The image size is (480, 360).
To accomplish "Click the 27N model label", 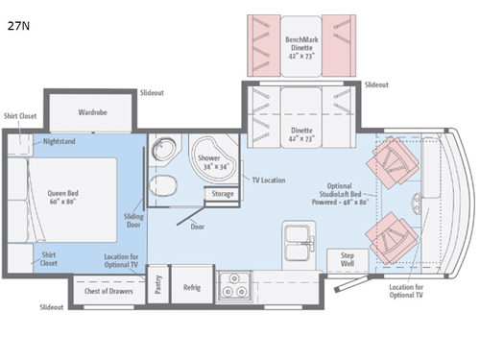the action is pyautogui.click(x=18, y=26).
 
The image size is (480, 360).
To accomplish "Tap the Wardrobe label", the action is pyautogui.click(x=92, y=112).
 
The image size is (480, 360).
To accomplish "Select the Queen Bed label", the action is pyautogui.click(x=62, y=197).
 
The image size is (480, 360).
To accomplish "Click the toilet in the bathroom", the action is pyautogui.click(x=163, y=185).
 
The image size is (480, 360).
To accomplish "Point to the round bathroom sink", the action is pyautogui.click(x=163, y=148).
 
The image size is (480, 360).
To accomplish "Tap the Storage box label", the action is pyautogui.click(x=223, y=194).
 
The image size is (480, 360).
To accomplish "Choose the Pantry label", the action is pyautogui.click(x=158, y=284).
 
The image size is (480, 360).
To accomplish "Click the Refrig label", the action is pyautogui.click(x=192, y=287).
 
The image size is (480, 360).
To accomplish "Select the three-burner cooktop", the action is pyautogui.click(x=234, y=286).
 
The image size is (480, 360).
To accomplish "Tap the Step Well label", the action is pyautogui.click(x=348, y=259).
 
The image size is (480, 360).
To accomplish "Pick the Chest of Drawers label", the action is pyautogui.click(x=108, y=291).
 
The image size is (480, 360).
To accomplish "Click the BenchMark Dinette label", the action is pyautogui.click(x=301, y=48).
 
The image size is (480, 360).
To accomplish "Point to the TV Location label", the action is pyautogui.click(x=269, y=180).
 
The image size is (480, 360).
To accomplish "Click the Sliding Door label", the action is pyautogui.click(x=133, y=221).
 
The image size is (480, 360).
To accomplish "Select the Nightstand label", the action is pyautogui.click(x=60, y=141).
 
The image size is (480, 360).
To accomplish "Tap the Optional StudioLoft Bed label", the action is pyautogui.click(x=340, y=194).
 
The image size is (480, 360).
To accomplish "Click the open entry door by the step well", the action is pyautogui.click(x=351, y=283).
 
